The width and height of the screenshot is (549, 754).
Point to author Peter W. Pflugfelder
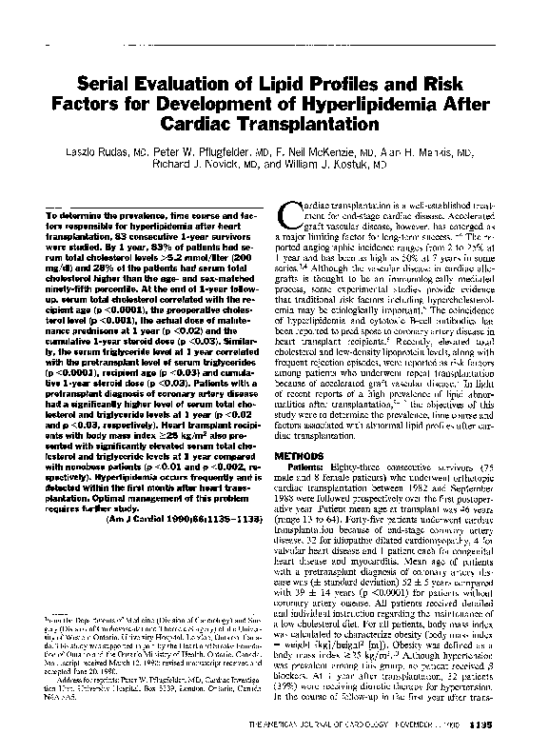coord(206,150)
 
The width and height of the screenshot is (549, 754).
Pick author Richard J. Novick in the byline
coord(193,164)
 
